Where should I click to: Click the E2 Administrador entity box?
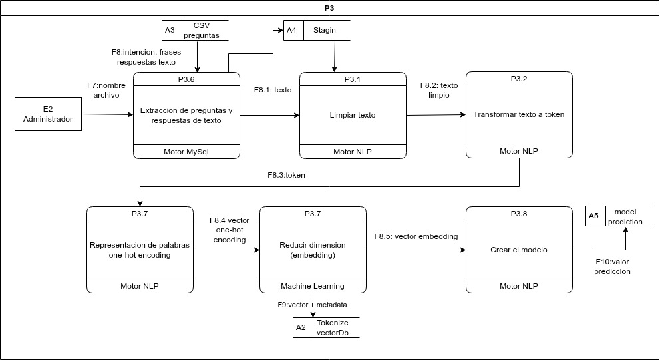point(48,114)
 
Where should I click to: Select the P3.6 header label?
point(186,79)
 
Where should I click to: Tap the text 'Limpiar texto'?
point(352,115)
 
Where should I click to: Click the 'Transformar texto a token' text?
point(518,114)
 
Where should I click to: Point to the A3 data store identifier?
point(170,30)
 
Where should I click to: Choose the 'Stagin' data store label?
point(325,30)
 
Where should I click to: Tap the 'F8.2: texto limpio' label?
point(438,90)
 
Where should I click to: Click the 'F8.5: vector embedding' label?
point(416,236)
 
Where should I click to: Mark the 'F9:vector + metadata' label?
point(311,304)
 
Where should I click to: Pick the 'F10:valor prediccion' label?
point(613,266)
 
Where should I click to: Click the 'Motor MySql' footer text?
point(186,152)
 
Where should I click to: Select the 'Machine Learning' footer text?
point(312,286)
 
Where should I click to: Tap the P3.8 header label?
point(518,214)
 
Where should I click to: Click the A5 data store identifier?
point(594,216)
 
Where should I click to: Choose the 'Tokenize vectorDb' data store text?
point(332,327)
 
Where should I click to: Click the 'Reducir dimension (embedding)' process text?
point(312,250)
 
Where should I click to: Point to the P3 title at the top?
point(330,8)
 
